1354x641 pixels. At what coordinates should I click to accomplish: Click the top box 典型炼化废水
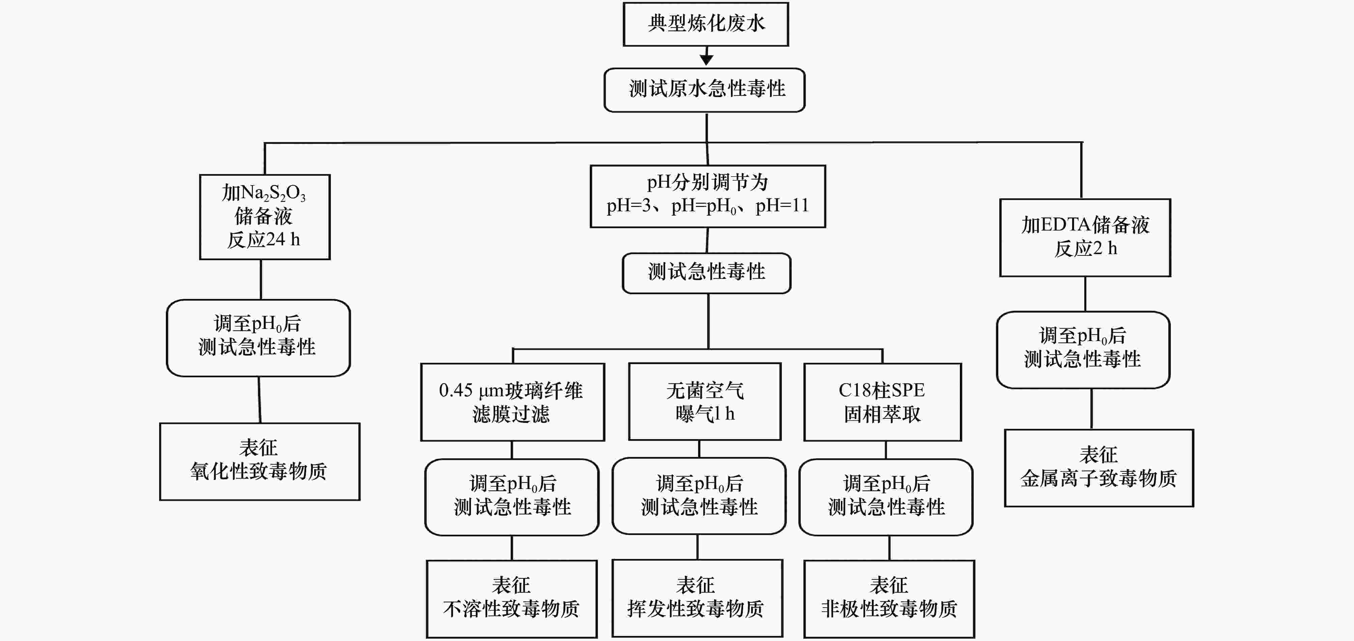(x=706, y=24)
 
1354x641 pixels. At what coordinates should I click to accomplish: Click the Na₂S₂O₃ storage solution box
(x=265, y=217)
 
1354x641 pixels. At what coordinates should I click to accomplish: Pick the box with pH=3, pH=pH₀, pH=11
(x=707, y=196)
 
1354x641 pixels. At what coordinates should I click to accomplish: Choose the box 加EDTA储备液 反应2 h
(x=1085, y=238)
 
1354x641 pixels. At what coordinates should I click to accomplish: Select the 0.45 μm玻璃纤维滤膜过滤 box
(x=512, y=402)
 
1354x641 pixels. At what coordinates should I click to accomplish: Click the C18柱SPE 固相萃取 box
(x=883, y=402)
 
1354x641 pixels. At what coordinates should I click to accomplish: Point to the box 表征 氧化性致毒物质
(x=260, y=461)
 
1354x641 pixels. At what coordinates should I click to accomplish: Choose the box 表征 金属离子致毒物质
(x=1099, y=468)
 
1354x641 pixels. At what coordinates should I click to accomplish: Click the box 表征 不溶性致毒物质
(x=511, y=599)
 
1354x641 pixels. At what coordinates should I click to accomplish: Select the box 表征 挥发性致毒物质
(x=697, y=599)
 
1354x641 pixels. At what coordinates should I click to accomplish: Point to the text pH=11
(x=782, y=206)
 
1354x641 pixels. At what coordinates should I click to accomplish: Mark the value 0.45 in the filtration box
(x=456, y=390)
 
